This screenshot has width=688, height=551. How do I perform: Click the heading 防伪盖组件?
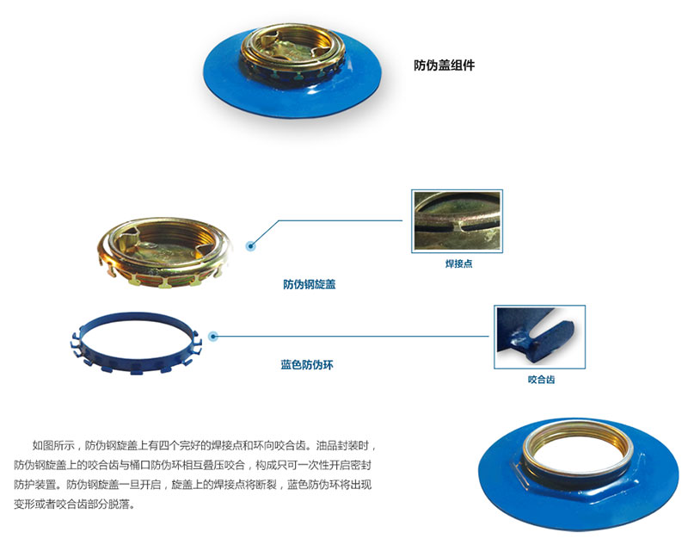point(444,65)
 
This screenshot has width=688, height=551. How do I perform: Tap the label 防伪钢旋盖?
point(310,284)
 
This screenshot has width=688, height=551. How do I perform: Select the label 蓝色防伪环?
point(307,365)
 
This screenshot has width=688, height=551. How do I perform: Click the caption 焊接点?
point(459,263)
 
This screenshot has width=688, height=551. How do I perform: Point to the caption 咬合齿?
point(542,380)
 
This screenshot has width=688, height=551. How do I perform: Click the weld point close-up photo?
point(457,221)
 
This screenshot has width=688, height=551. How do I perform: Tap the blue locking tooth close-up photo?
point(540,337)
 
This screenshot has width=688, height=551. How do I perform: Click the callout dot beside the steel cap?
point(250,246)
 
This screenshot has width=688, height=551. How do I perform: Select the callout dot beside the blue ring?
point(213,337)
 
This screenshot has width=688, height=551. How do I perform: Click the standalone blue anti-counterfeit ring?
point(83,348)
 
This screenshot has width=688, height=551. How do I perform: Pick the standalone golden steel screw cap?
point(164,251)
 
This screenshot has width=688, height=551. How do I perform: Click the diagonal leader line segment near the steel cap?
point(266,232)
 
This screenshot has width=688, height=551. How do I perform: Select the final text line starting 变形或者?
point(74,504)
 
